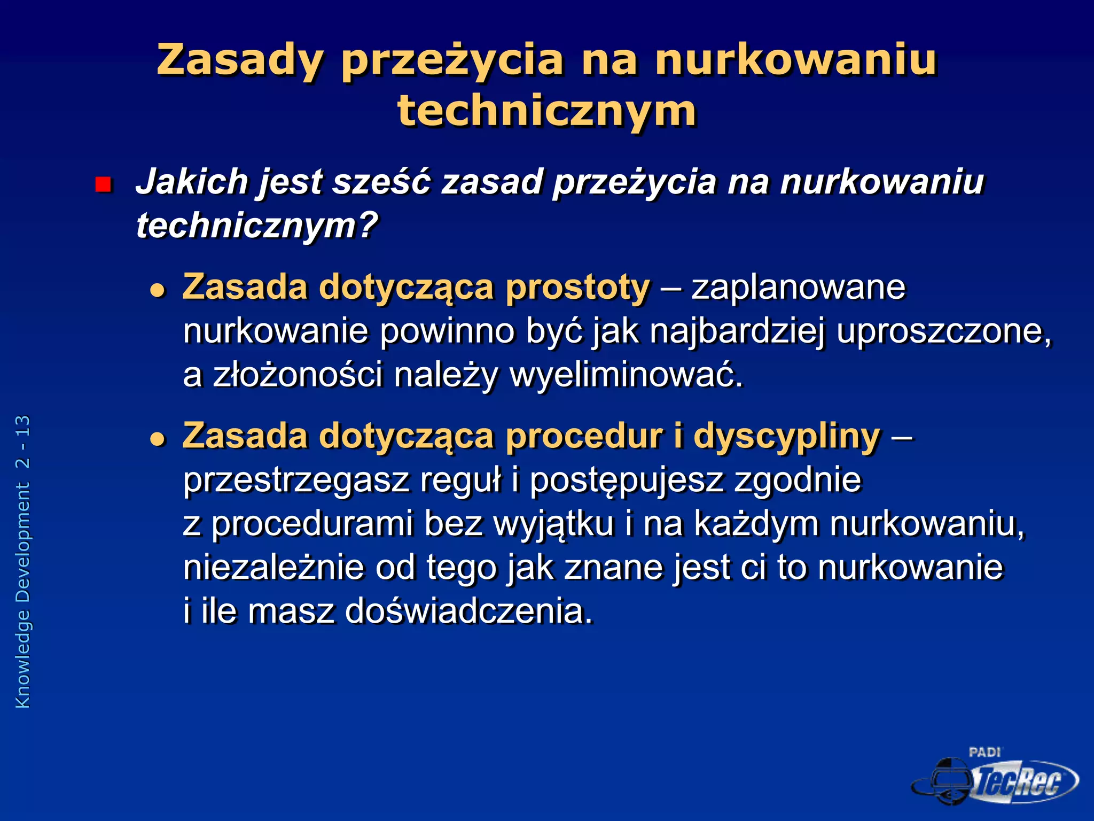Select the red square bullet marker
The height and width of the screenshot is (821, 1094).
(x=103, y=185)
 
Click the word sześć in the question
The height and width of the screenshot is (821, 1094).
(x=381, y=182)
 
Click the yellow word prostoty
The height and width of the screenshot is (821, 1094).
(x=577, y=288)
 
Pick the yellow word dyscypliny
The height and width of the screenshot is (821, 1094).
(x=786, y=436)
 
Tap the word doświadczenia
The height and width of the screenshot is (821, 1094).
(x=468, y=611)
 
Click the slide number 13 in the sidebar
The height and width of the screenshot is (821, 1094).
(x=23, y=426)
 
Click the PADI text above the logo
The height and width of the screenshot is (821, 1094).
(x=984, y=753)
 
